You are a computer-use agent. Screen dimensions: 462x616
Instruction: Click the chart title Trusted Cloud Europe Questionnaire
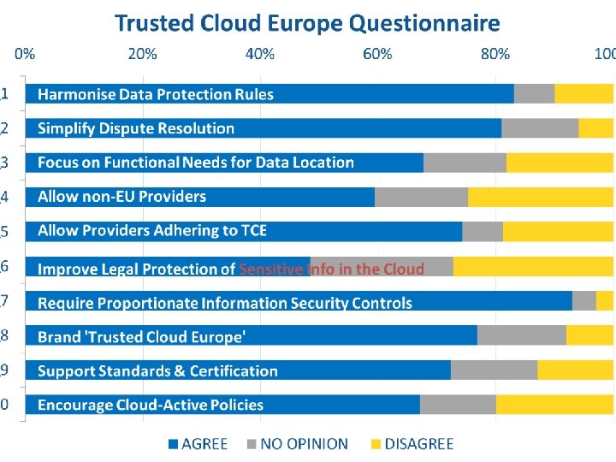[308, 22]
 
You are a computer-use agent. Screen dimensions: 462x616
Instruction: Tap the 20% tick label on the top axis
[143, 54]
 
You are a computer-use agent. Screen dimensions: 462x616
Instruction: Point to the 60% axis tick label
[377, 54]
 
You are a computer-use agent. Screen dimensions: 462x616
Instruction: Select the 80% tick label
[495, 54]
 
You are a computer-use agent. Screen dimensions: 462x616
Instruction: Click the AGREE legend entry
[198, 443]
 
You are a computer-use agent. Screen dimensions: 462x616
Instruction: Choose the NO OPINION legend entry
[297, 443]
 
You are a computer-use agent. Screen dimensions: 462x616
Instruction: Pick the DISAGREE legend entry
[411, 443]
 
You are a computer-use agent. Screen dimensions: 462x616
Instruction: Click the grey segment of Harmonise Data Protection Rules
[534, 93]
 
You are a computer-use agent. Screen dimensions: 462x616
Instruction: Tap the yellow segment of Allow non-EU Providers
[541, 197]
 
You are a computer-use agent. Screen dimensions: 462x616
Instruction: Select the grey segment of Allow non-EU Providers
[421, 197]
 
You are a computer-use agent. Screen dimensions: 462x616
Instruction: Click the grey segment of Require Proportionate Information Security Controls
[583, 300]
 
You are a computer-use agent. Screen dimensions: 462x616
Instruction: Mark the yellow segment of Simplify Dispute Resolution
[596, 128]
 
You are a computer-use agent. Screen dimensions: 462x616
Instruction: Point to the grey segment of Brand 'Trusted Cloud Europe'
[521, 335]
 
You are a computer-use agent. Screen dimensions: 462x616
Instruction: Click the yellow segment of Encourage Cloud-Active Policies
[554, 405]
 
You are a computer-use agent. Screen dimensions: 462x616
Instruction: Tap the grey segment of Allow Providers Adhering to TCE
[483, 231]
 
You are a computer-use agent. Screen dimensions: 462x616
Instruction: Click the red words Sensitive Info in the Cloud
[331, 269]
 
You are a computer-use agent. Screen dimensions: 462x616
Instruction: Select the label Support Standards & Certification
[157, 371]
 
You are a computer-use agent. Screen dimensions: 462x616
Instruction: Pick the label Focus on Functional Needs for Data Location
[195, 163]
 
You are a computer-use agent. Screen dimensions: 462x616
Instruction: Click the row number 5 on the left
[5, 231]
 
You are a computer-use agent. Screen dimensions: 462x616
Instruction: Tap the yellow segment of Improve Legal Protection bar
[533, 266]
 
